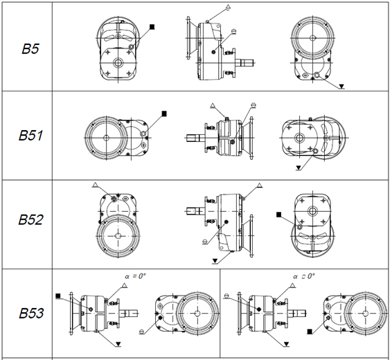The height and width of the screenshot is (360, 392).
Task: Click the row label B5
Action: pos(30,48)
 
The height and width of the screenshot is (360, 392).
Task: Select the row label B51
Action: pos(30,136)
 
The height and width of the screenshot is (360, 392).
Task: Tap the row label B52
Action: pos(30,220)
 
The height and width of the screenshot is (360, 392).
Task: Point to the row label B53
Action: pos(31,313)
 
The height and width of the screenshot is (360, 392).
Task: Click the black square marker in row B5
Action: pos(152,27)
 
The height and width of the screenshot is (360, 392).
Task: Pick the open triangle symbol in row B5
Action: pos(228,7)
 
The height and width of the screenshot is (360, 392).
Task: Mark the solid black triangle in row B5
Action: pos(341,87)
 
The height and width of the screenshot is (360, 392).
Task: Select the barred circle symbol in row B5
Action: pos(233,31)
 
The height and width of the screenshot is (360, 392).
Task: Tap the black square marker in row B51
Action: pos(164,114)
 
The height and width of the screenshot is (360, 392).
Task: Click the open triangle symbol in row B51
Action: pos(213,106)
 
